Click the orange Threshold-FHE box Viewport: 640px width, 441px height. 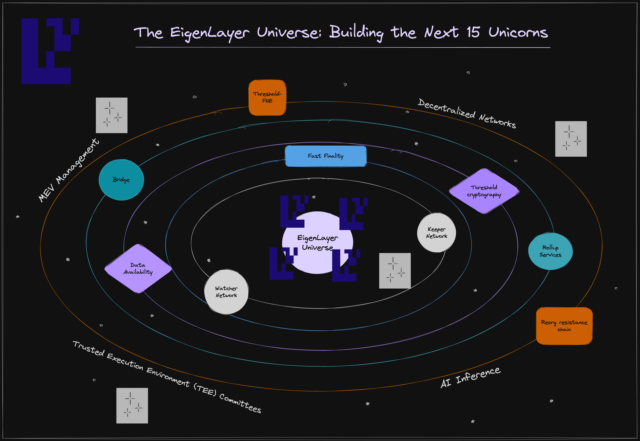coord(267,97)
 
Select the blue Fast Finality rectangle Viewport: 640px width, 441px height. coord(325,156)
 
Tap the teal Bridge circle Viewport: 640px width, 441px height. coord(121,180)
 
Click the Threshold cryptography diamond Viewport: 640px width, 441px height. coord(484,191)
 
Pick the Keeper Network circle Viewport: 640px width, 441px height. coord(436,233)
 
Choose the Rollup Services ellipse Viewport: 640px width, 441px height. coord(550,251)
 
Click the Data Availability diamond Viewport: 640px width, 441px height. coord(138,268)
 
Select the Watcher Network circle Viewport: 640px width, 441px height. coord(226,292)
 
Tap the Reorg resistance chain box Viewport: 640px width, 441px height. coord(564,326)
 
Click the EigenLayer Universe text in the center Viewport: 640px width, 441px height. coord(317,242)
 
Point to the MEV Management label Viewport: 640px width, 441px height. coord(69,170)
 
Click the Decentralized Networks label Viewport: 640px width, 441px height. coord(467,113)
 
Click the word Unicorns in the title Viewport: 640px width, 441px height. coord(518,33)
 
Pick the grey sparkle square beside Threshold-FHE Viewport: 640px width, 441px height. coord(112,115)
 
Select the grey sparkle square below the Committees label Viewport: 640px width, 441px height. coord(132,405)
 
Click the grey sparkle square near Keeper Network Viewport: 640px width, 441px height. coord(395,271)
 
